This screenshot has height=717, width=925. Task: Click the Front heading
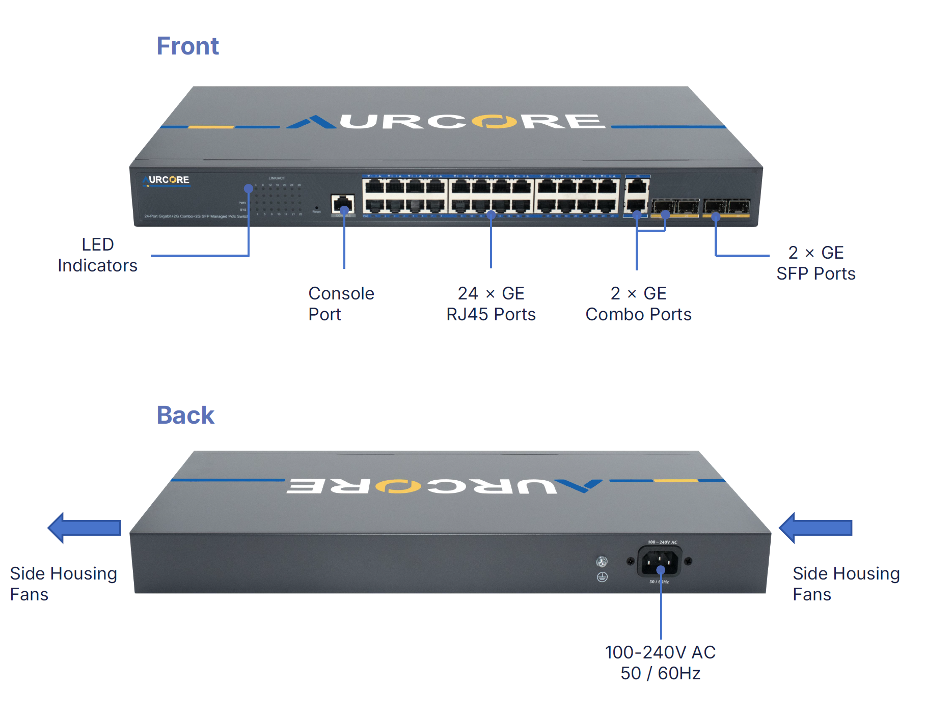click(x=187, y=46)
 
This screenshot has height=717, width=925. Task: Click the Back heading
click(x=185, y=415)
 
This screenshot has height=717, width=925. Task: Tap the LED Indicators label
click(x=97, y=255)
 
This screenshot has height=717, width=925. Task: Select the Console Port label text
click(x=341, y=304)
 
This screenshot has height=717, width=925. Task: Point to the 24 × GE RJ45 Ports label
click(x=491, y=304)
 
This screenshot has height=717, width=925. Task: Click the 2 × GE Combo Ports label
click(x=638, y=304)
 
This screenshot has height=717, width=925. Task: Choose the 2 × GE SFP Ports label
click(x=815, y=263)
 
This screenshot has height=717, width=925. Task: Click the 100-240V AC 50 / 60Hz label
click(x=660, y=663)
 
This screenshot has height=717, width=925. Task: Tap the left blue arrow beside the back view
click(x=85, y=528)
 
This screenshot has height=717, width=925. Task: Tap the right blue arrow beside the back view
click(x=815, y=528)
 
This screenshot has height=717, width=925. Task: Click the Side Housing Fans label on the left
click(x=63, y=584)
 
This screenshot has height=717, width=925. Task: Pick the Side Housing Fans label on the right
click(x=846, y=584)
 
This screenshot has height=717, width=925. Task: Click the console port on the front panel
click(x=342, y=205)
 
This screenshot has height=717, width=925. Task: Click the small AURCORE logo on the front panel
click(x=167, y=180)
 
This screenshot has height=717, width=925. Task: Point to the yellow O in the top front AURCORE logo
click(x=494, y=121)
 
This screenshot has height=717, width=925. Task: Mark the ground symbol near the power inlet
click(x=602, y=577)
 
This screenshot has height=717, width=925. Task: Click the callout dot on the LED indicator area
click(x=249, y=188)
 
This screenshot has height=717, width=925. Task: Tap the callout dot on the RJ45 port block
click(x=491, y=215)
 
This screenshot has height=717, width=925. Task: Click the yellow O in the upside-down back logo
click(x=398, y=486)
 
